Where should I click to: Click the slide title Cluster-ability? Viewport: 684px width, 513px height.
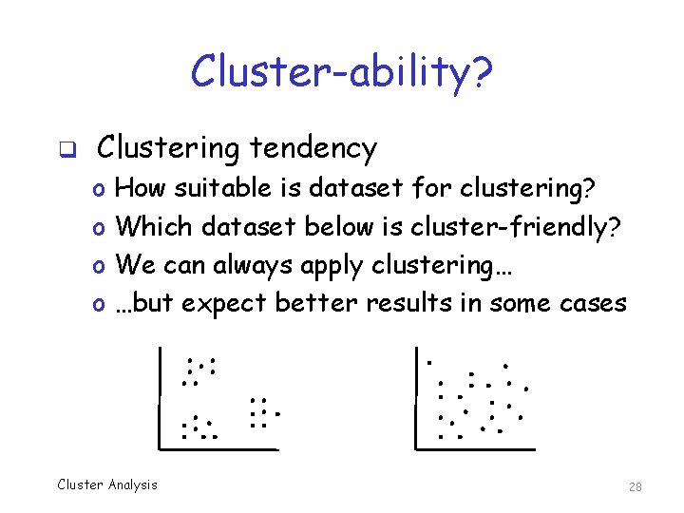(x=341, y=71)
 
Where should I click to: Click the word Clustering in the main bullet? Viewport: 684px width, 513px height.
(x=167, y=148)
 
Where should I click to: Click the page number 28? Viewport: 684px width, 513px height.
(x=636, y=487)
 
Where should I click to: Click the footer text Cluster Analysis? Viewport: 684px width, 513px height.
(x=107, y=484)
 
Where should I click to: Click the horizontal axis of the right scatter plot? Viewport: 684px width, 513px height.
(x=475, y=448)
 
